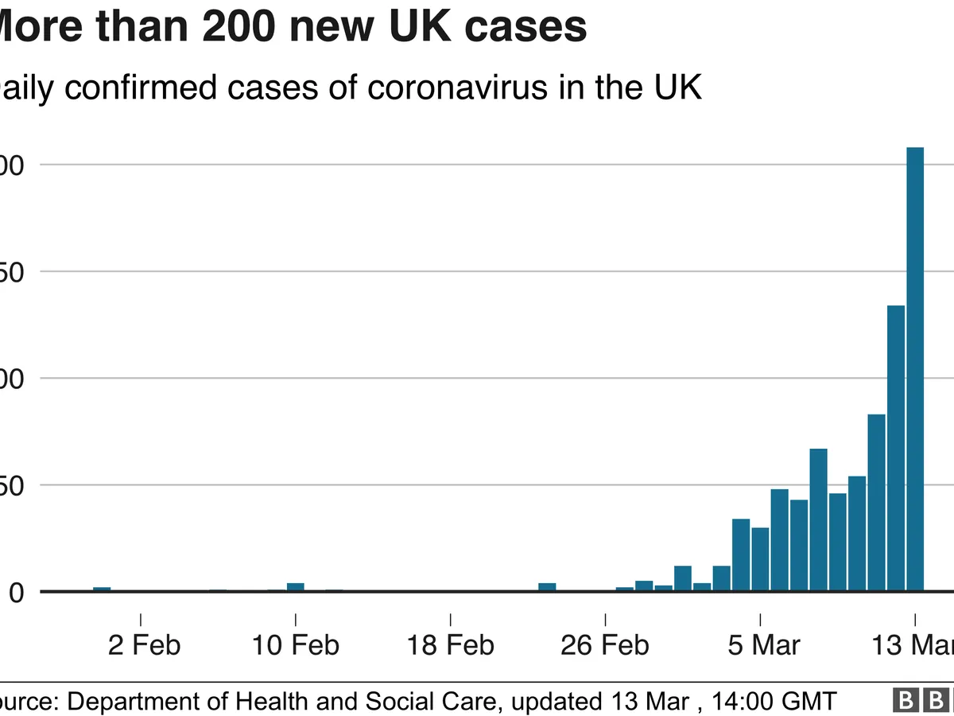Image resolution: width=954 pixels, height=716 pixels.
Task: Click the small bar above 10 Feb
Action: tap(296, 587)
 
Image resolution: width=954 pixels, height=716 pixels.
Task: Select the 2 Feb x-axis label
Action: tap(145, 644)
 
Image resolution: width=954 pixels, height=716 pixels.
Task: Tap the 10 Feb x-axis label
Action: tap(296, 644)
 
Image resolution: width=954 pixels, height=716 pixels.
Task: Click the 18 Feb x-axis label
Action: tap(451, 644)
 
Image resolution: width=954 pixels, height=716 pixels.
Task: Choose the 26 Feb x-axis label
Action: tap(605, 644)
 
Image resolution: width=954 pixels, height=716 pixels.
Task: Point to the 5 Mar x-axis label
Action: tap(764, 644)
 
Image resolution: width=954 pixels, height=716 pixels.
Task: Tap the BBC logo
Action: tap(926, 701)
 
